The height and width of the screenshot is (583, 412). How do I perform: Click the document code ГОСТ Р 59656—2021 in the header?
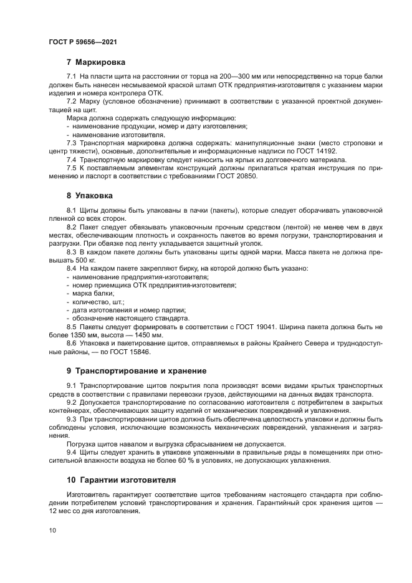click(83, 42)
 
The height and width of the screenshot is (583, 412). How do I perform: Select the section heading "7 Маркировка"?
click(96, 62)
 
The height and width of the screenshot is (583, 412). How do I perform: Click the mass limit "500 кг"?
click(86, 259)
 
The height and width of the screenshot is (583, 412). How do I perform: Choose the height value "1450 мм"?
click(148, 335)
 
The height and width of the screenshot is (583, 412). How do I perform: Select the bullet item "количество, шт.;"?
click(98, 301)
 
